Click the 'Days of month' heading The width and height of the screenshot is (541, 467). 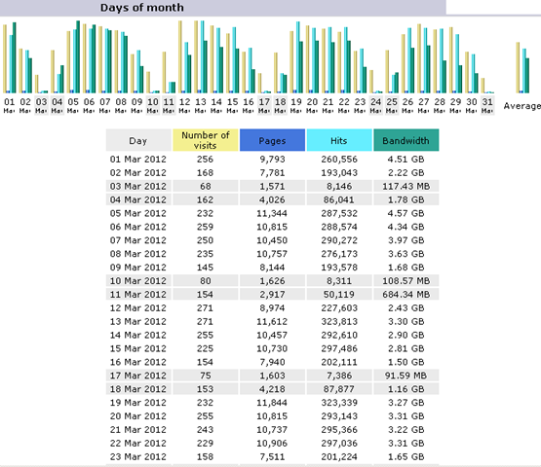pyautogui.click(x=141, y=8)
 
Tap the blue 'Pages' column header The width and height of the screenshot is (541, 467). pyautogui.click(x=272, y=140)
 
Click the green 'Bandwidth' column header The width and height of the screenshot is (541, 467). pyautogui.click(x=406, y=140)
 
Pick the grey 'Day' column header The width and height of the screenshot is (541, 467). pyautogui.click(x=138, y=140)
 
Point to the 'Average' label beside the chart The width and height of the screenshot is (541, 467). pyautogui.click(x=522, y=106)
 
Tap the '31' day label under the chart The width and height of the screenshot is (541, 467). pyautogui.click(x=473, y=100)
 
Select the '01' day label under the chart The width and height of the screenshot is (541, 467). pyautogui.click(x=9, y=100)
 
